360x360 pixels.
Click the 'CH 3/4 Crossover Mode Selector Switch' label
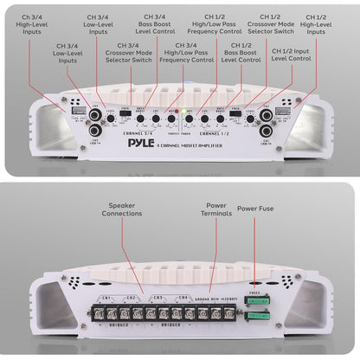coord(129,56)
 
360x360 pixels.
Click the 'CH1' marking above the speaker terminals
coord(106,298)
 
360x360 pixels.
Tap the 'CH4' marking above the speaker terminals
coord(183,298)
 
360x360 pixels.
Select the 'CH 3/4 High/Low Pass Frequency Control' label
coord(185,56)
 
